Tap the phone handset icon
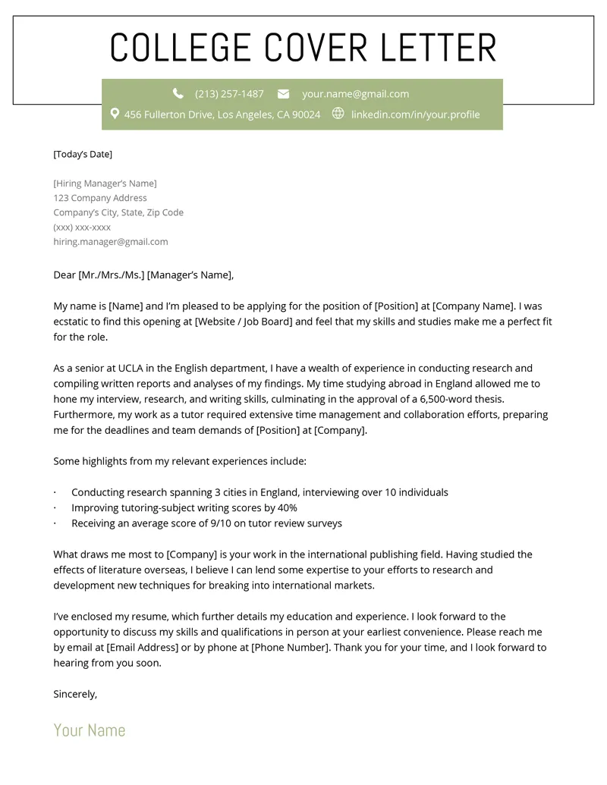tap(178, 93)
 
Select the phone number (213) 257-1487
tap(229, 94)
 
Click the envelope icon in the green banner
tap(283, 94)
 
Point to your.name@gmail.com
tap(355, 94)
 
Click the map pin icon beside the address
tap(115, 114)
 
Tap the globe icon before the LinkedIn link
tap(338, 114)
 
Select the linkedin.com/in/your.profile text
tap(415, 115)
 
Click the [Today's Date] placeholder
tap(83, 154)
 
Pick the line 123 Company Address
tap(100, 198)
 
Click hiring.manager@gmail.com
tap(111, 242)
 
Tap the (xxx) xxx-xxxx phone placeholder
tap(82, 227)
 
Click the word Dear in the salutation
tap(64, 275)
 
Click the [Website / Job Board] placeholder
tap(244, 322)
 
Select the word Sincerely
tap(75, 694)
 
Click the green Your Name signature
tap(90, 730)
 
